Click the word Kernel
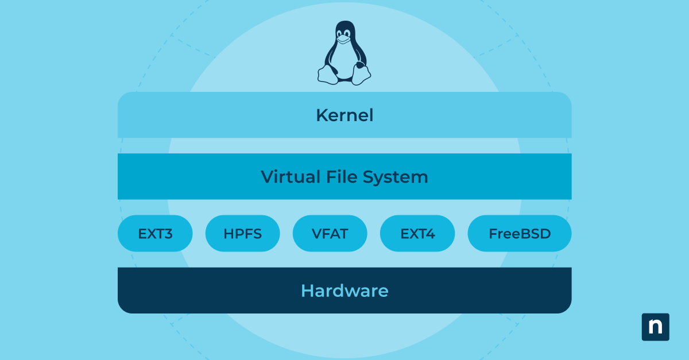pyautogui.click(x=344, y=115)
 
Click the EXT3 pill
pyautogui.click(x=155, y=234)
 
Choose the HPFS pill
pyautogui.click(x=242, y=234)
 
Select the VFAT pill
pyautogui.click(x=330, y=234)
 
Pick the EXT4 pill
pyautogui.click(x=417, y=234)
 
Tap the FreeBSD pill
pyautogui.click(x=520, y=234)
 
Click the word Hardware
pyautogui.click(x=344, y=291)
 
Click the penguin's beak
pyautogui.click(x=343, y=40)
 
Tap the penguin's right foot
pyautogui.click(x=362, y=75)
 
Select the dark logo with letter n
pyautogui.click(x=655, y=327)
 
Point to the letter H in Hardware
pyautogui.click(x=307, y=291)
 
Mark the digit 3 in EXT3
pyautogui.click(x=168, y=234)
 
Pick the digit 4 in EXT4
pyautogui.click(x=431, y=234)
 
